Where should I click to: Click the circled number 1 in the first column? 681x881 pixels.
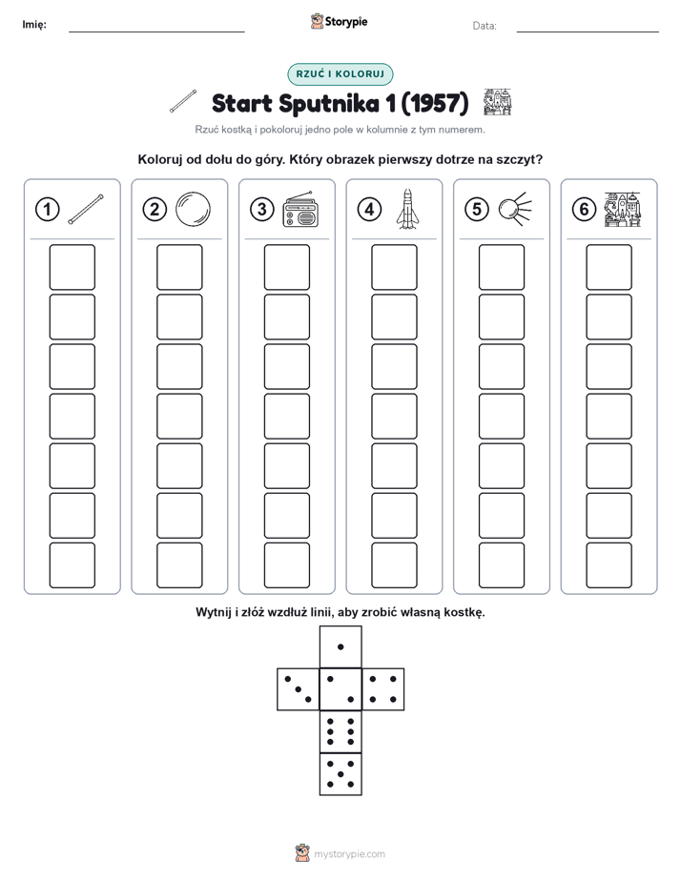pos(47,210)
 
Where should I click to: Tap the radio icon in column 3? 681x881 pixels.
pos(300,210)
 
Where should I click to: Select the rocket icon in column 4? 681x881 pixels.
pos(408,209)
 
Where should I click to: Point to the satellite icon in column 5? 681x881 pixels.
pos(515,209)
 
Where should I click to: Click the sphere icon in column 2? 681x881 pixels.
pos(193,210)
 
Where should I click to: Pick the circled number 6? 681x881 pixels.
pos(584,210)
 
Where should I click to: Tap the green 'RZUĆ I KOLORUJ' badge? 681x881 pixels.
pos(340,74)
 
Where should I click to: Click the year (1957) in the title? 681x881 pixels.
pos(434,103)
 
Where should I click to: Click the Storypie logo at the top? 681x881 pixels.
pos(339,22)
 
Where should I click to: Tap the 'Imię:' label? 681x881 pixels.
pos(34,24)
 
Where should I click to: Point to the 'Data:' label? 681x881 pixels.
pos(485,26)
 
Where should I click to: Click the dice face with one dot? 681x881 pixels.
pos(340,646)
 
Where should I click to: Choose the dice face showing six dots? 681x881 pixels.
pos(340,731)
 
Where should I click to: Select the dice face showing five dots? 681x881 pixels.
pos(340,774)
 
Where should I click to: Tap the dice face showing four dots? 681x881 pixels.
pos(383,689)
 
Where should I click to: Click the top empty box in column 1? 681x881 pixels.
pos(72,267)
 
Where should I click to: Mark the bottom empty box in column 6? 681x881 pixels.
pos(609,565)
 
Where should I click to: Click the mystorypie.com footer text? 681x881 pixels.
pos(349,854)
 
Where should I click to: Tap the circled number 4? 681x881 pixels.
pos(369,210)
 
